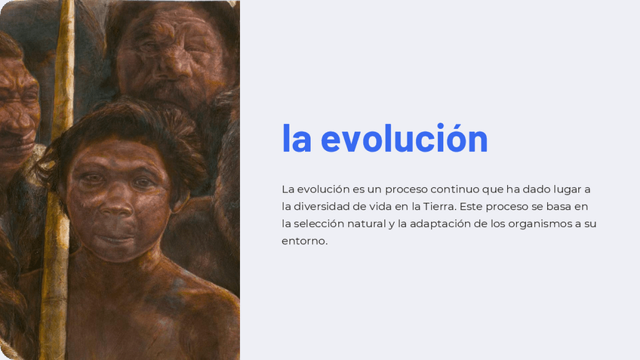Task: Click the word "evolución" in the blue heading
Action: point(405,140)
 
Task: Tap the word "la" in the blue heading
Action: point(296,140)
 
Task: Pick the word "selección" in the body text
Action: point(324,223)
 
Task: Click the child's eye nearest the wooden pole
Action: point(91,179)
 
